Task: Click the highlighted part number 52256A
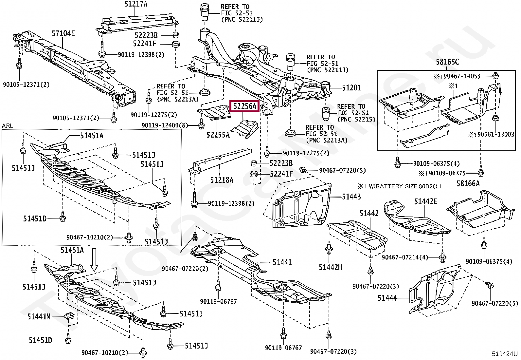244,106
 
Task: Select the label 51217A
136,4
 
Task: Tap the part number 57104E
63,33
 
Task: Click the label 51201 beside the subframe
351,88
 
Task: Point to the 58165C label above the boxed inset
447,62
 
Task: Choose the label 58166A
468,183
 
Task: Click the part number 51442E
425,201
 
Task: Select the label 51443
351,197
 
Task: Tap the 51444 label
387,298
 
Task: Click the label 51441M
39,316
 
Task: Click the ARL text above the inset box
8,126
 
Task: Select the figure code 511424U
504,354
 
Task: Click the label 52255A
218,135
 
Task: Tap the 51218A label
222,180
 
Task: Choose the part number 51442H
330,267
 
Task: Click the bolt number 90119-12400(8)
165,125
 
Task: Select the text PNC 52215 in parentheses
357,120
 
